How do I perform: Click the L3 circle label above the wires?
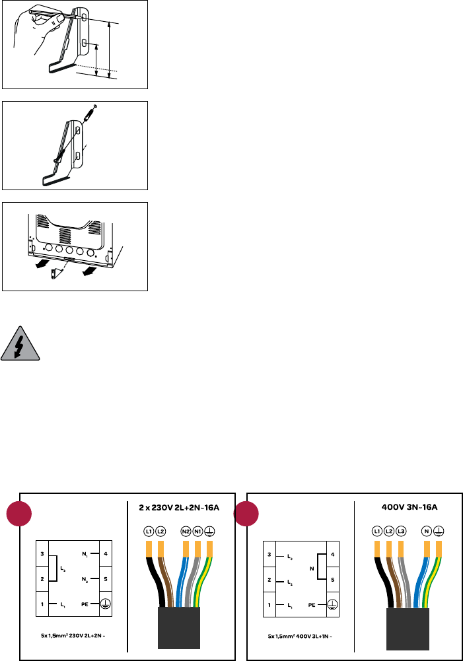pyautogui.click(x=400, y=531)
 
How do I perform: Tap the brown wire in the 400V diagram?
pyautogui.click(x=391, y=574)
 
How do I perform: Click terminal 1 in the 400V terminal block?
pyautogui.click(x=269, y=603)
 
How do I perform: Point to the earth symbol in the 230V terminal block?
pyautogui.click(x=104, y=603)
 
